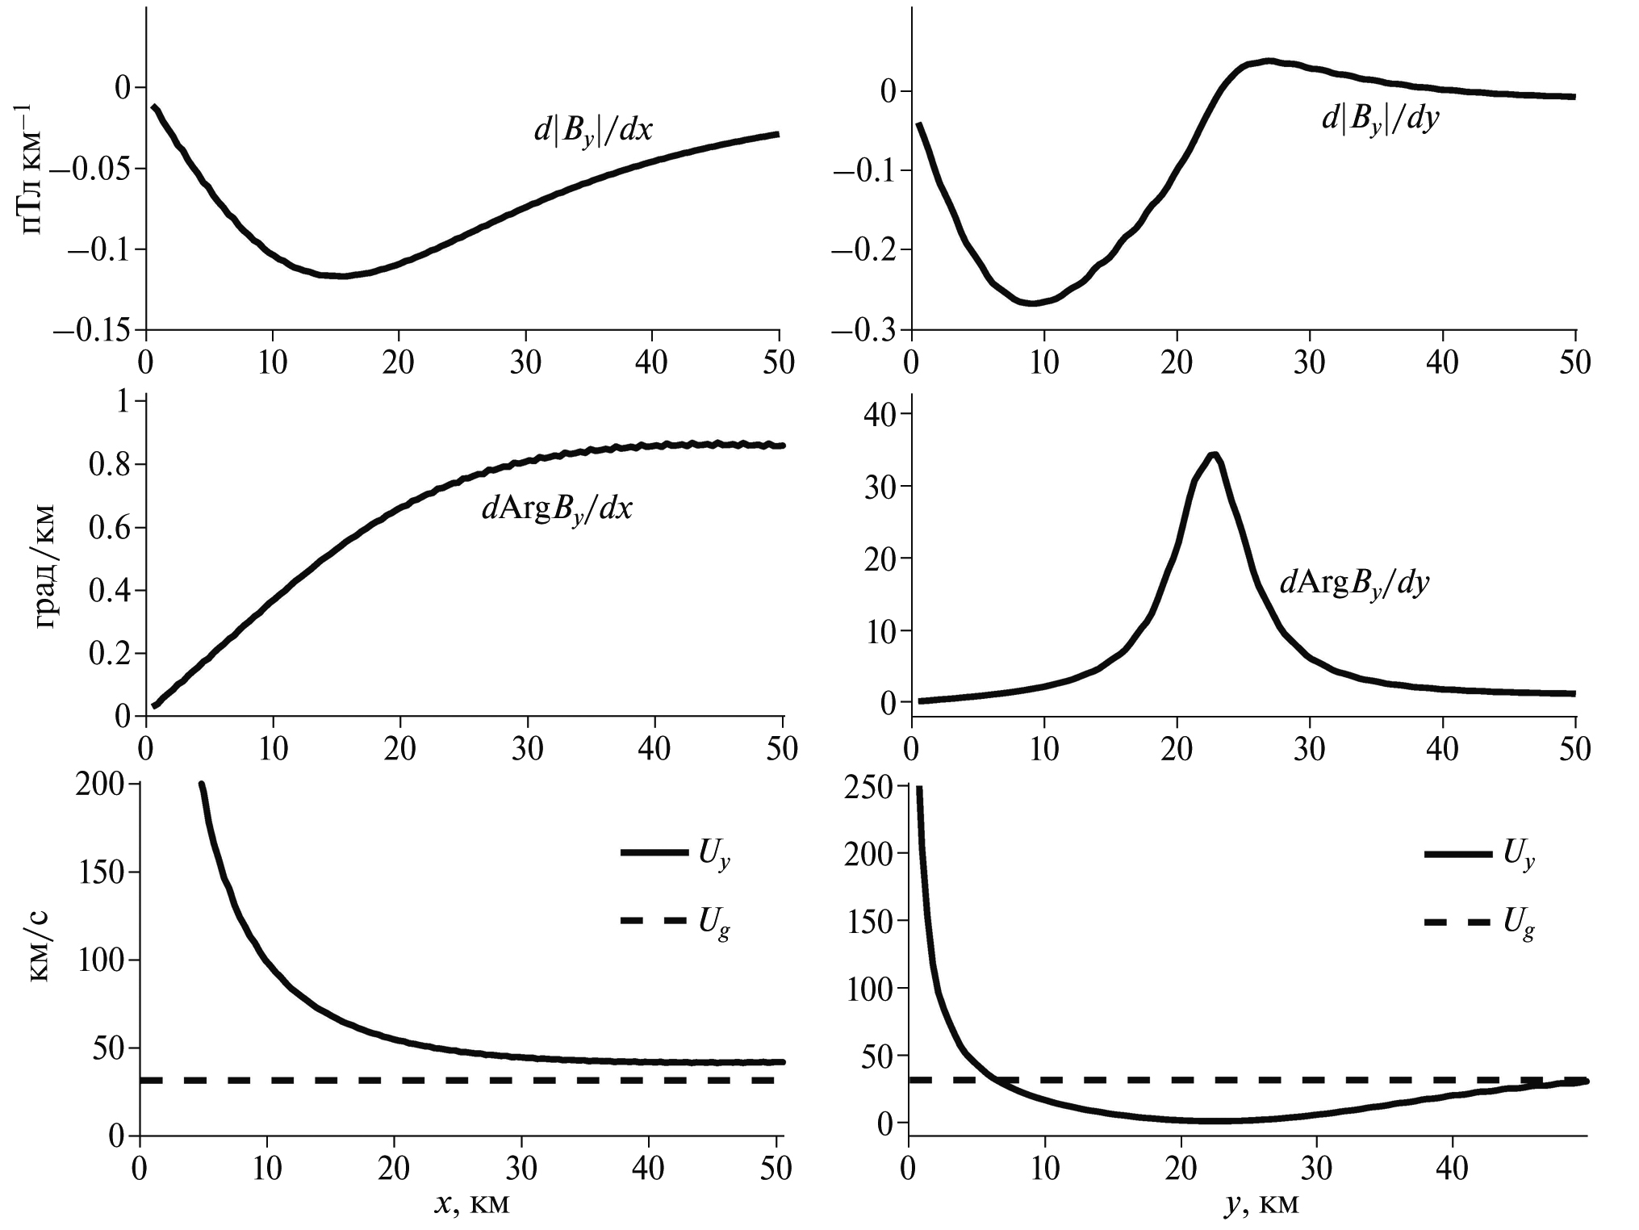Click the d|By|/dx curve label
[x=593, y=132]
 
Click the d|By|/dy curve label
[x=1381, y=120]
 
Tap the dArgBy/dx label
[x=557, y=511]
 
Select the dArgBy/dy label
[x=1354, y=583]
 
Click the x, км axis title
[x=472, y=1203]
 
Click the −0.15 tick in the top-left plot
[x=94, y=329]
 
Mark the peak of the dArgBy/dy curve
[x=1213, y=455]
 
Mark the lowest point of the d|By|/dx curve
[x=343, y=276]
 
